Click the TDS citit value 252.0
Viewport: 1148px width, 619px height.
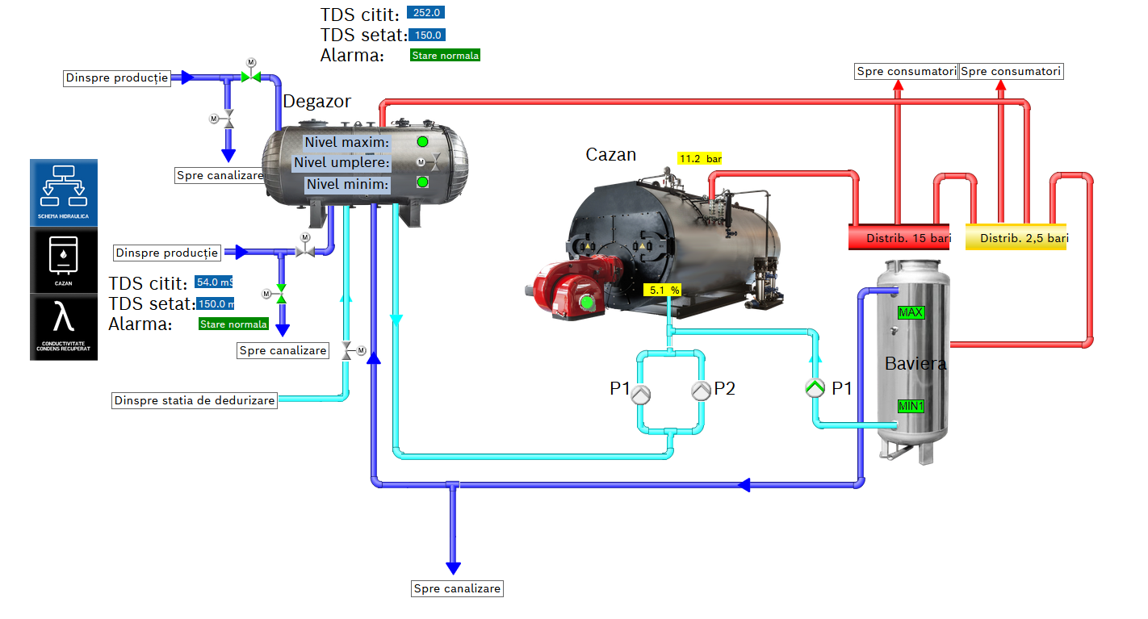(x=425, y=13)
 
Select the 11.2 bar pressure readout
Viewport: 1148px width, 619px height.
(x=699, y=159)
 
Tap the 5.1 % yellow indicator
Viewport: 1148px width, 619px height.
(x=662, y=289)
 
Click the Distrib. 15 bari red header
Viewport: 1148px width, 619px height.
(x=898, y=237)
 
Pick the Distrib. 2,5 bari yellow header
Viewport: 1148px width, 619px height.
(x=1016, y=237)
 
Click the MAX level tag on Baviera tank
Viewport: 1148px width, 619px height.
(x=911, y=312)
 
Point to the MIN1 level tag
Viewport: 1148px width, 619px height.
(x=911, y=406)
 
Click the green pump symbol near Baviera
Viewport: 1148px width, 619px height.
(x=815, y=389)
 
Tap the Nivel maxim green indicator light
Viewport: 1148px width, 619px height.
(x=422, y=142)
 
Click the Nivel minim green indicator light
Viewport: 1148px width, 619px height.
(x=422, y=182)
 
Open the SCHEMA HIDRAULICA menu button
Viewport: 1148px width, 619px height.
(x=64, y=192)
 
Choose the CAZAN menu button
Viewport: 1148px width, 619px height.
(x=64, y=259)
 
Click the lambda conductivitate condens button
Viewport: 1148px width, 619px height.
(x=64, y=326)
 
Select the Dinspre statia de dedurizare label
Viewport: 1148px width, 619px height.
(x=195, y=400)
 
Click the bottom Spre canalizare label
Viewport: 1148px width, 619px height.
(x=457, y=588)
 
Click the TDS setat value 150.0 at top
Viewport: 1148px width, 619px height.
(x=427, y=35)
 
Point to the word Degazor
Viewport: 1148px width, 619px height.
(x=316, y=102)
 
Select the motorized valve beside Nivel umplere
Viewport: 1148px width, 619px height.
(x=433, y=163)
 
